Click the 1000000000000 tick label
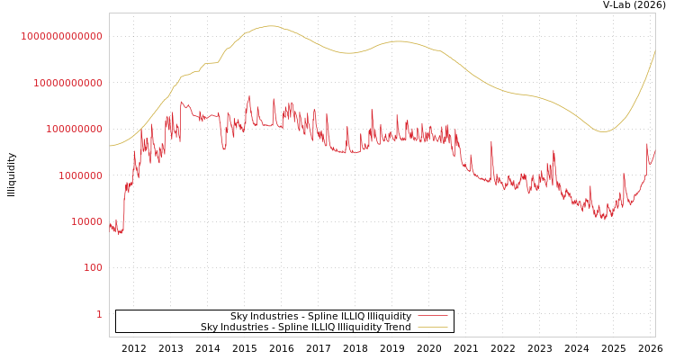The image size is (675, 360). [x=61, y=36]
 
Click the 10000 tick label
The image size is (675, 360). [x=86, y=221]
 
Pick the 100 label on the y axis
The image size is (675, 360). [x=94, y=268]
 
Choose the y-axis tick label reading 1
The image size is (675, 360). [x=99, y=314]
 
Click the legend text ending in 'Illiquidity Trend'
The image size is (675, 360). [x=305, y=328]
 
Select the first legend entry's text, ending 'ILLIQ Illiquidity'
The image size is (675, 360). [x=320, y=317]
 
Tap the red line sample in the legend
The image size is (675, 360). [x=433, y=317]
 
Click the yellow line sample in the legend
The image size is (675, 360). [x=433, y=328]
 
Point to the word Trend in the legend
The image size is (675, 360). [x=397, y=328]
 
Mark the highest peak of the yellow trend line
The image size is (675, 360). [x=270, y=26]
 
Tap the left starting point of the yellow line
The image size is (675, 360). [x=110, y=146]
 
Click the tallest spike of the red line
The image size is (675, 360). [x=249, y=96]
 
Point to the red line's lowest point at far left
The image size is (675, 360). [x=120, y=234]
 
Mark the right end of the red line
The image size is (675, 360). [x=655, y=151]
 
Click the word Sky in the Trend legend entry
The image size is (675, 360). [x=209, y=328]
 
